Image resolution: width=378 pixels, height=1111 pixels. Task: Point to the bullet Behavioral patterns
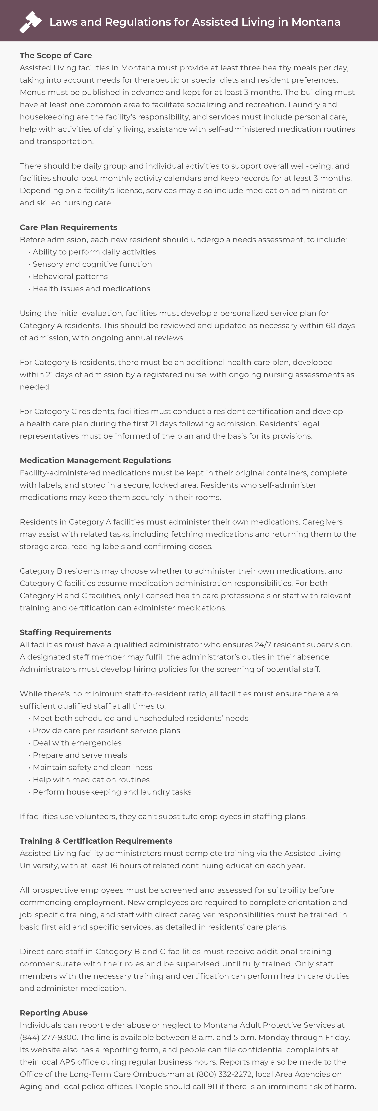click(70, 277)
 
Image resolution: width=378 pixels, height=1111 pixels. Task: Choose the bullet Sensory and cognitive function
click(92, 264)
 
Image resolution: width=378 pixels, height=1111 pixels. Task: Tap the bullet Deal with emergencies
click(77, 743)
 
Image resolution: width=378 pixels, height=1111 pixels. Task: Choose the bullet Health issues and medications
click(91, 288)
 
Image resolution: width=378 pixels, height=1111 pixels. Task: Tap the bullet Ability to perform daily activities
click(94, 252)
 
